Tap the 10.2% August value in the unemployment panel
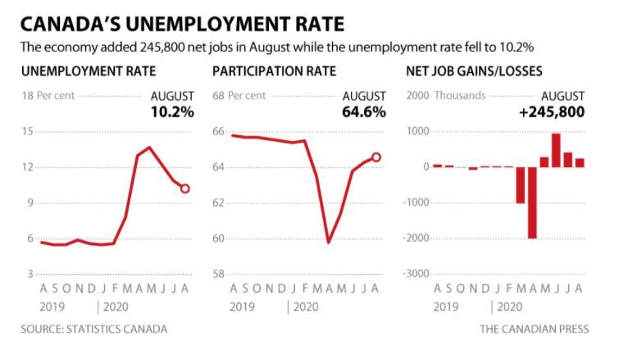pyautogui.click(x=173, y=112)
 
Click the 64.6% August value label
pyautogui.click(x=364, y=112)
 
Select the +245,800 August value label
pyautogui.click(x=551, y=112)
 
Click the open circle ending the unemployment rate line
pyautogui.click(x=185, y=189)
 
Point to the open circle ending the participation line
pyautogui.click(x=376, y=157)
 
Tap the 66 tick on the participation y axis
pyautogui.click(x=219, y=131)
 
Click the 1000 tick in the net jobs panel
pyautogui.click(x=418, y=131)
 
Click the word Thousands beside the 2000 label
pyautogui.click(x=461, y=95)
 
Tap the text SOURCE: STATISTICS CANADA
pyautogui.click(x=94, y=329)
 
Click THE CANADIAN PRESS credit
pyautogui.click(x=534, y=329)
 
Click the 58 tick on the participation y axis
pyautogui.click(x=219, y=274)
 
